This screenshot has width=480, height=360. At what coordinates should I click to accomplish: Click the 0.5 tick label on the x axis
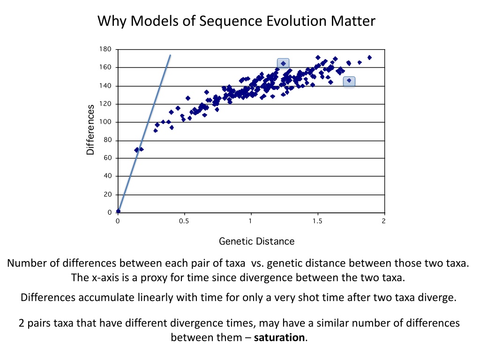click(x=184, y=222)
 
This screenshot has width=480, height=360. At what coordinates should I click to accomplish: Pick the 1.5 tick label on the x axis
click(x=317, y=222)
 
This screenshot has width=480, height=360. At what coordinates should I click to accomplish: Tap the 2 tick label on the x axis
click(x=383, y=222)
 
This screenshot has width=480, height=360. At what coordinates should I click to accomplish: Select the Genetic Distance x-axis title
click(x=256, y=241)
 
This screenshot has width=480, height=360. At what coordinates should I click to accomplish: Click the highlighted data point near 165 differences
click(x=283, y=63)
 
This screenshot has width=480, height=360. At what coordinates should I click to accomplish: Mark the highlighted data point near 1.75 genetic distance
click(x=349, y=81)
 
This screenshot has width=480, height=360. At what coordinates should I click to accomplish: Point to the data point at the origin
click(x=118, y=211)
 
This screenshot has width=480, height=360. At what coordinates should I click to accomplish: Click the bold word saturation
click(x=279, y=337)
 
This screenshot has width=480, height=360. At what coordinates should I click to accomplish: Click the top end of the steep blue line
click(x=170, y=55)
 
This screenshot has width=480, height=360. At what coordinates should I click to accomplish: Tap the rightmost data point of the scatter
click(x=369, y=57)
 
